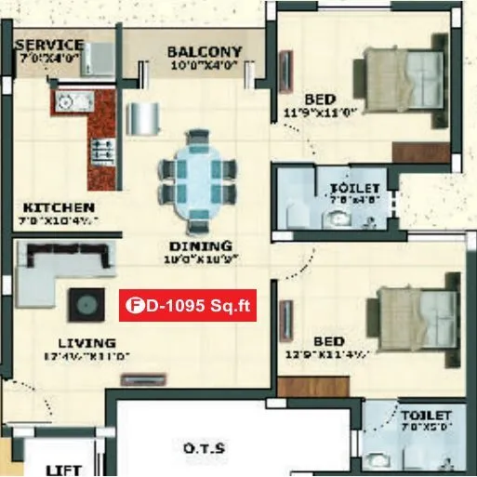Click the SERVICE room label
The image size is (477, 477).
pos(48,45)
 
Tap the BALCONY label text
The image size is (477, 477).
pos(204,52)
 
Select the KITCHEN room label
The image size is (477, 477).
pos(59,206)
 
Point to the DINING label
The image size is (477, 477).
pos(199,246)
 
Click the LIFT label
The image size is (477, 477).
pos(63,470)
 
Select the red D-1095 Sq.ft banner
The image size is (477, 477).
pos(188,306)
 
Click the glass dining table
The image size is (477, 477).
pos(197,180)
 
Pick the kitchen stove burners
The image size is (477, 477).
pos(101,149)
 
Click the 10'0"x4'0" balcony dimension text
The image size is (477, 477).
pos(204,66)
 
